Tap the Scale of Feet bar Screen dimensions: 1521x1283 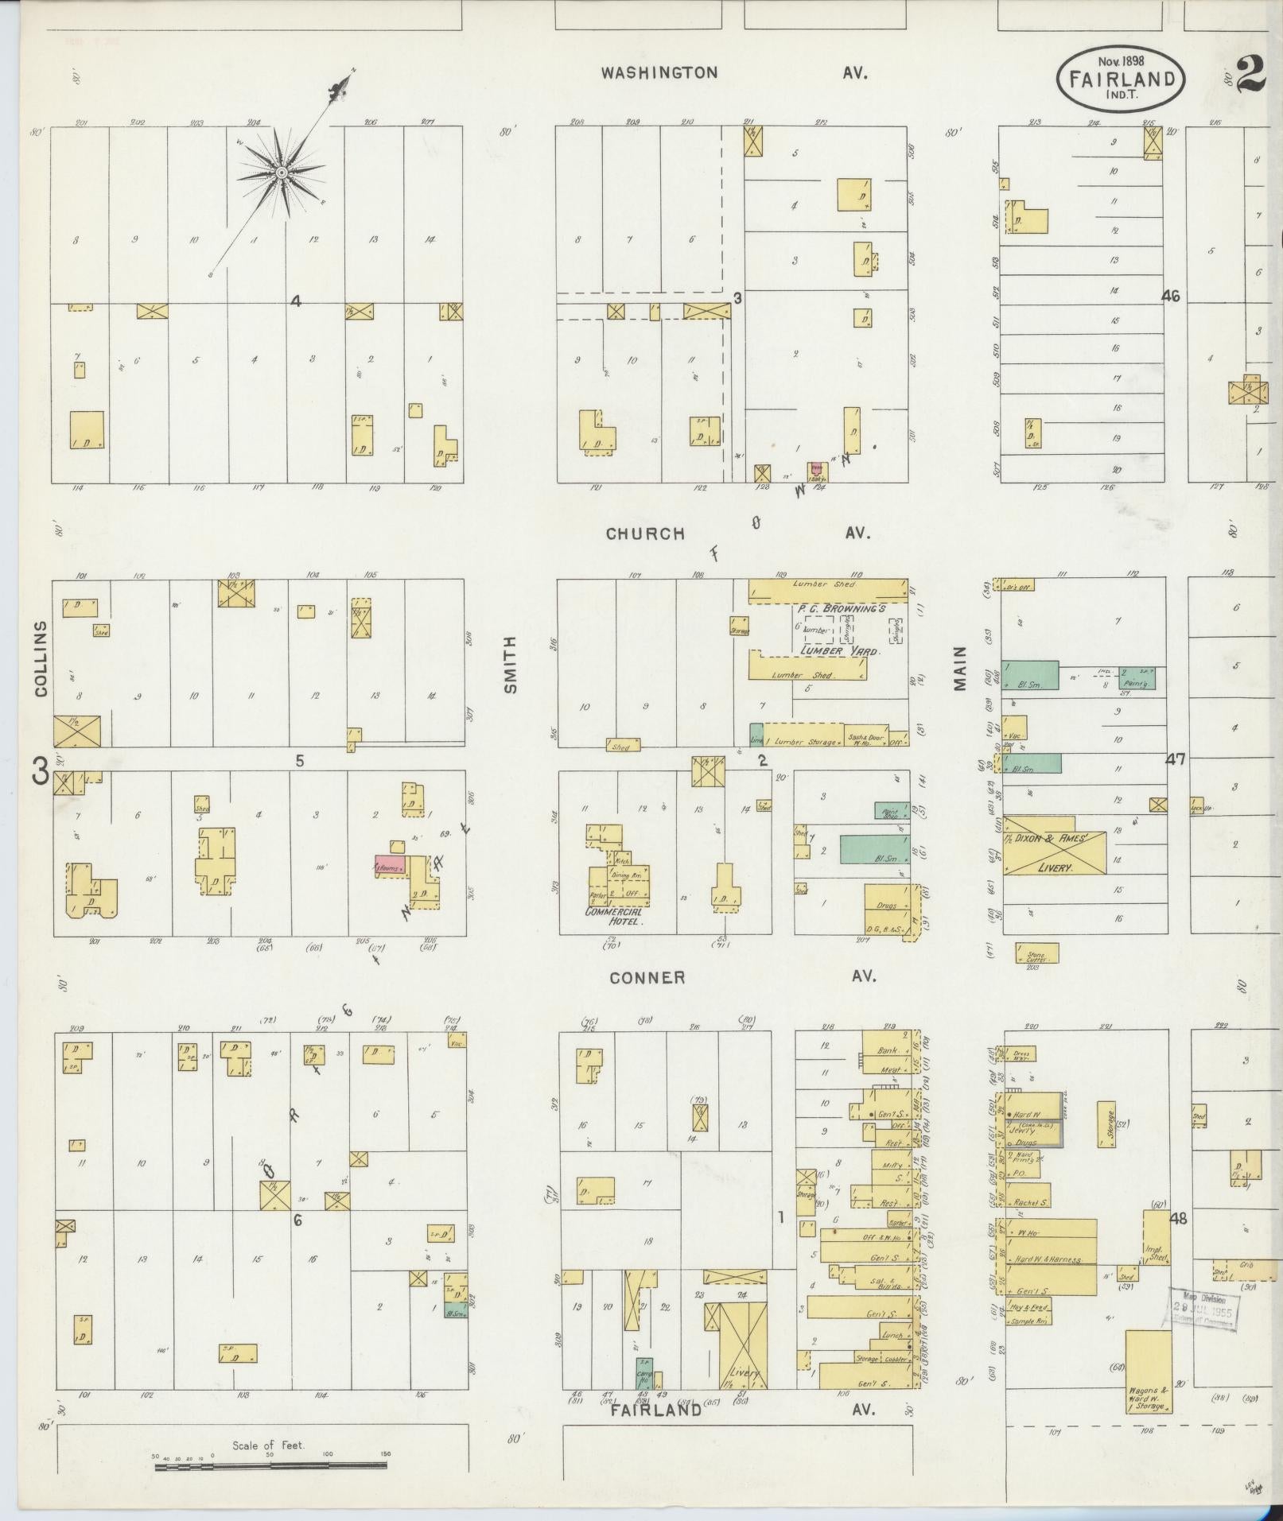tap(270, 1461)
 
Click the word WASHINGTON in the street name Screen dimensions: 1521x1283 tap(659, 73)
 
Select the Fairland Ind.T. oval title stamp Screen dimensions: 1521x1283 tap(1121, 78)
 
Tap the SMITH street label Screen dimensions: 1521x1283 tap(511, 665)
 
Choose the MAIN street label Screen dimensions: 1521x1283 tap(960, 668)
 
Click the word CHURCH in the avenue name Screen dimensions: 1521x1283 tap(645, 534)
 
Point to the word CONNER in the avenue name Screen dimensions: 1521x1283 tap(647, 977)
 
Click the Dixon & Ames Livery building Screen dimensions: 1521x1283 tap(1054, 854)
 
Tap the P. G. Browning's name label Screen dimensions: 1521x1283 tap(842, 608)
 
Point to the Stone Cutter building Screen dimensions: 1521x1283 tap(1037, 952)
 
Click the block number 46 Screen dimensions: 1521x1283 tap(1170, 296)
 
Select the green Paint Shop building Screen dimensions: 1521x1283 tap(892, 811)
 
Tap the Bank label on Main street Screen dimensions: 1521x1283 tap(888, 1050)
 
